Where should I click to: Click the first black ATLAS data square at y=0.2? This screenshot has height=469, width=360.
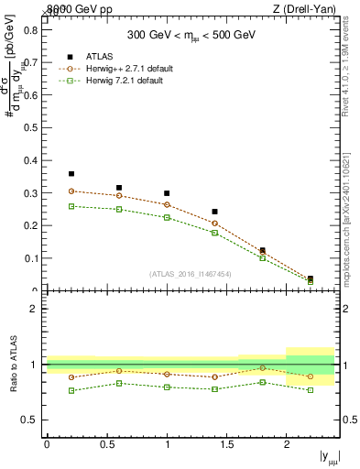point(71,173)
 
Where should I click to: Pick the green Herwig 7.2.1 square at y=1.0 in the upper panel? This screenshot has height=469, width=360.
point(167,217)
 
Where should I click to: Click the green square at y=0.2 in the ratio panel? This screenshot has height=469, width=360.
point(71,390)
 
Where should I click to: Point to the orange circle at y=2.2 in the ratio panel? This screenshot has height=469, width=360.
point(311,376)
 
